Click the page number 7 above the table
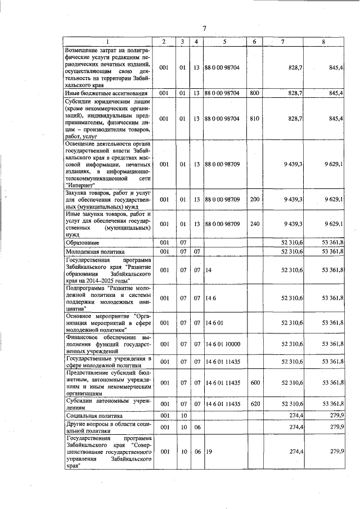pyautogui.click(x=205, y=29)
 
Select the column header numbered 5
pyautogui.click(x=224, y=42)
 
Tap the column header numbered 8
pyautogui.click(x=323, y=42)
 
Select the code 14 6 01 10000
pyautogui.click(x=225, y=344)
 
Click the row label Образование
pyautogui.click(x=83, y=242)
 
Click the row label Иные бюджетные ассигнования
pyautogui.click(x=106, y=93)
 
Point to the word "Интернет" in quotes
pyautogui.click(x=81, y=184)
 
